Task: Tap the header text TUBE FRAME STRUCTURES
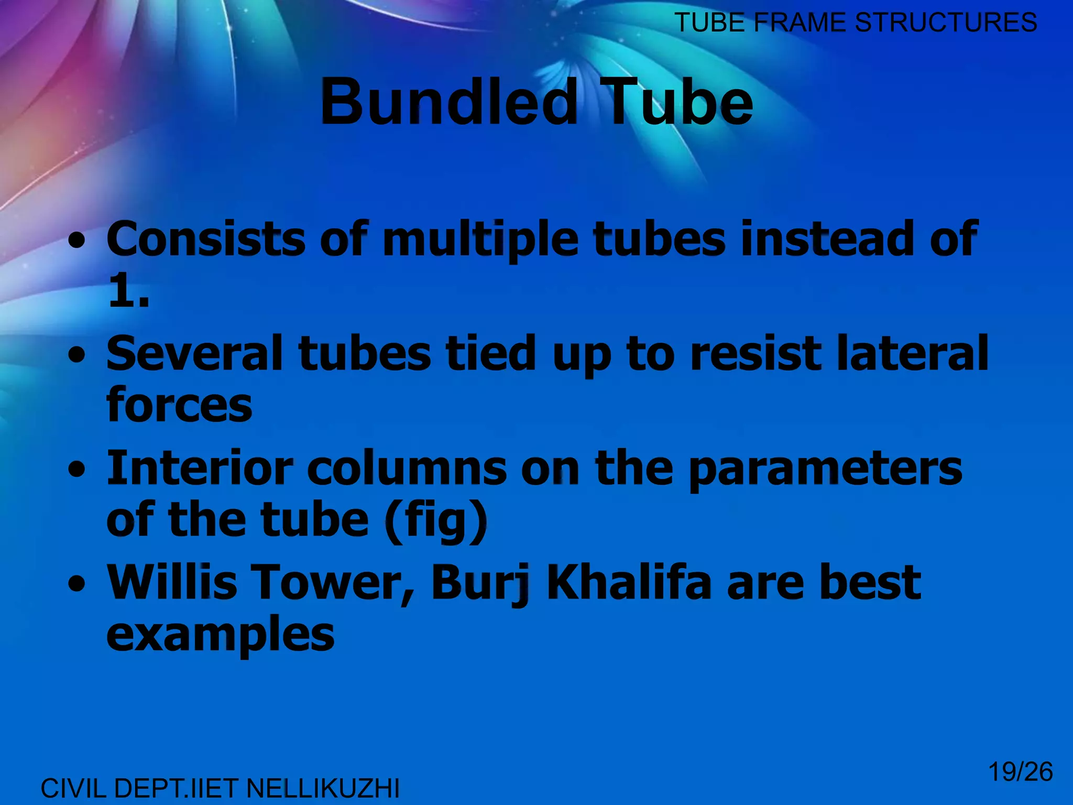[855, 23]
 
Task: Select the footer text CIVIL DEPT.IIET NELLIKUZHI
[220, 788]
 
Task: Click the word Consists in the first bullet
[205, 239]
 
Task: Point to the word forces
[179, 405]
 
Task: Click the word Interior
[200, 467]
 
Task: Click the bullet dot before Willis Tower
[77, 584]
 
